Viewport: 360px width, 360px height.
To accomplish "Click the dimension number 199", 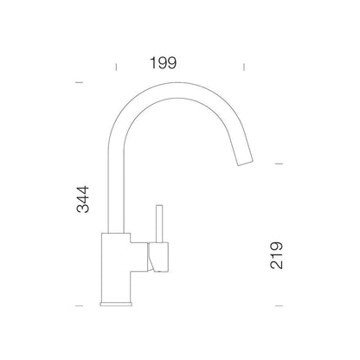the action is [163, 63].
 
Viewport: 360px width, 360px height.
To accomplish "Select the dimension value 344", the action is [83, 200].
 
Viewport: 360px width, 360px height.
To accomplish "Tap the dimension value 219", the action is [276, 255].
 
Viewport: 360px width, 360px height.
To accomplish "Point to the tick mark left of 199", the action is [116, 67].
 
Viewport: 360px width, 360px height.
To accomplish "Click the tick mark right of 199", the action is [244, 67].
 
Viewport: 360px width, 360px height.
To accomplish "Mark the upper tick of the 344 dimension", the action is [79, 82].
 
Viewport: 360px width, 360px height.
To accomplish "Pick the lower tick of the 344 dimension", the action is [79, 305].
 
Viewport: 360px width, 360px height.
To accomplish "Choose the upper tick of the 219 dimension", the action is [279, 164].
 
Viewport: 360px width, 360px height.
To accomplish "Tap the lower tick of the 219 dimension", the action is [279, 305].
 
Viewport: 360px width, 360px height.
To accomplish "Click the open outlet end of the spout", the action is [245, 163].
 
